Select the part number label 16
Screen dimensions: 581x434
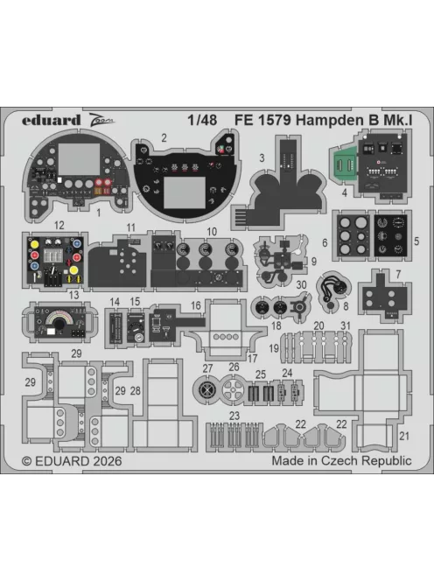(x=196, y=304)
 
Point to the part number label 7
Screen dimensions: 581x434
(x=398, y=275)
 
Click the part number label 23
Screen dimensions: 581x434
(x=234, y=416)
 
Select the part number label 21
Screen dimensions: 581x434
(x=403, y=435)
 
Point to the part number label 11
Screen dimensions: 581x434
(x=131, y=228)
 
